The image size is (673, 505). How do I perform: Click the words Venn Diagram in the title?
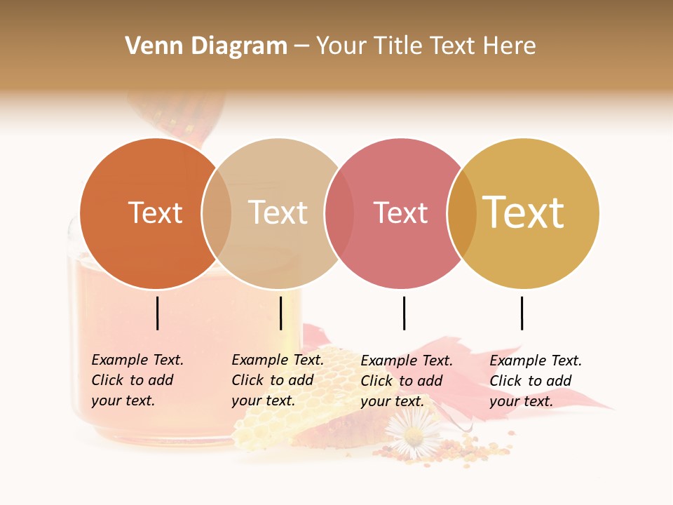pyautogui.click(x=206, y=46)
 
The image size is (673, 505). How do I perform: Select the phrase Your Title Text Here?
pyautogui.click(x=426, y=46)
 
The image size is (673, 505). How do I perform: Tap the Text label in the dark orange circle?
pyautogui.click(x=155, y=213)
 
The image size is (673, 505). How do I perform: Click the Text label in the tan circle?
pyautogui.click(x=278, y=213)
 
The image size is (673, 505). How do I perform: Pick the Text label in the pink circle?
pyautogui.click(x=400, y=213)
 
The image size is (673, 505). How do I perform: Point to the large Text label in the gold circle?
pyautogui.click(x=524, y=213)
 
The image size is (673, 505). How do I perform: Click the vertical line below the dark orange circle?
pyautogui.click(x=158, y=313)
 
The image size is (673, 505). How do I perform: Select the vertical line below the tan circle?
pyautogui.click(x=280, y=313)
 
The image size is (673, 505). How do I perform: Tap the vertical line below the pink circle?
pyautogui.click(x=404, y=313)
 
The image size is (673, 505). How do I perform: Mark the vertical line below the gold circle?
pyautogui.click(x=522, y=313)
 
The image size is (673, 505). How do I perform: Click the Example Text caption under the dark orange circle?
pyautogui.click(x=137, y=380)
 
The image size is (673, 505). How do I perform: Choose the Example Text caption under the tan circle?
pyautogui.click(x=278, y=380)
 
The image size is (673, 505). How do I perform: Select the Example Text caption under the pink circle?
pyautogui.click(x=407, y=381)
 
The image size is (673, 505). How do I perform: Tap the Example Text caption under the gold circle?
pyautogui.click(x=536, y=381)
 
